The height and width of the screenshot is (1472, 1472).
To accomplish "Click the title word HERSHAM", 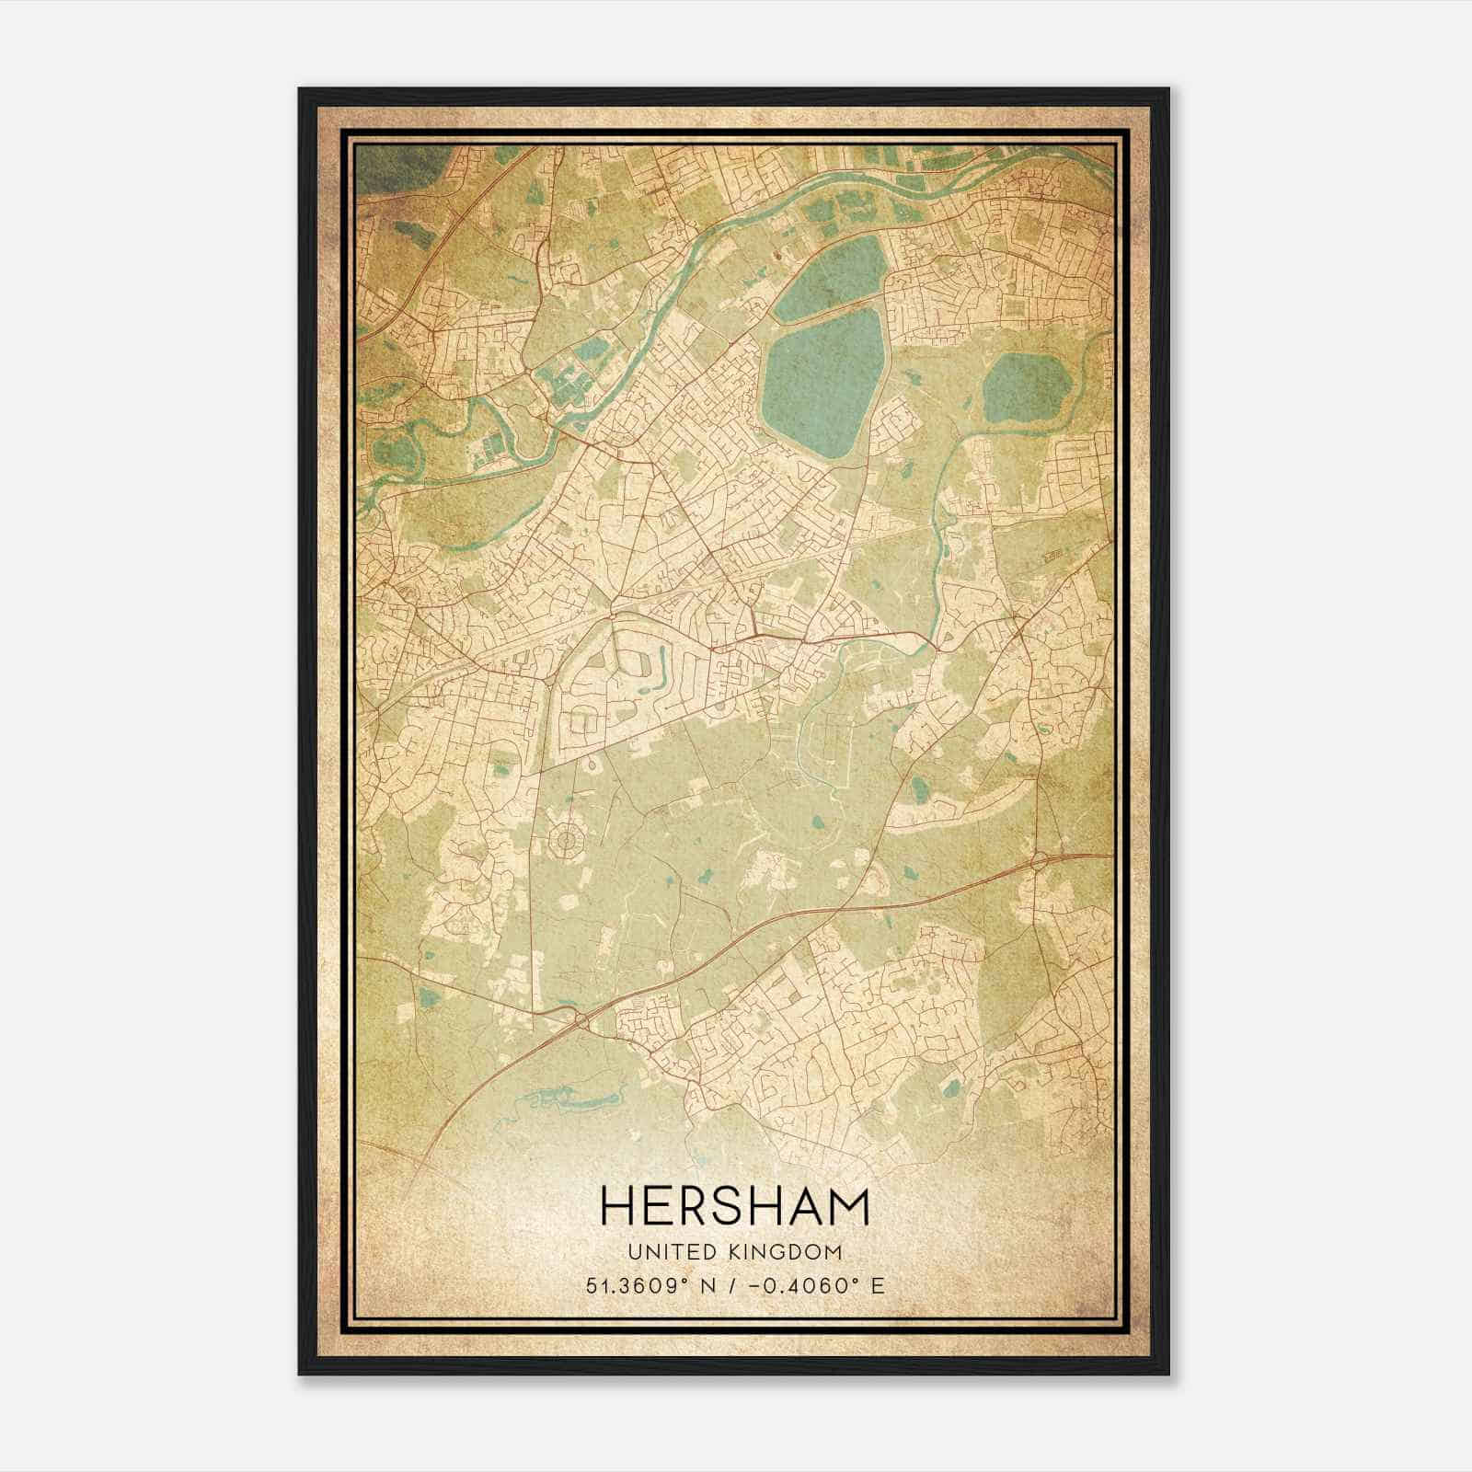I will tap(735, 1207).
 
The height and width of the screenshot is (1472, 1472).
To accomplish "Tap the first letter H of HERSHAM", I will tap(617, 1207).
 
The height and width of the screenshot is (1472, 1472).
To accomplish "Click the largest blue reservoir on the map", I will tap(822, 382).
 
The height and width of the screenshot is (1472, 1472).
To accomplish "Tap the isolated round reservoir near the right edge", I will tap(1026, 386).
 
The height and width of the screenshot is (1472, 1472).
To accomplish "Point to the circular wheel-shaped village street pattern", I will tap(568, 839).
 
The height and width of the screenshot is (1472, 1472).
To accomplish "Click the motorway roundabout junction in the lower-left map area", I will tap(581, 1019).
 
